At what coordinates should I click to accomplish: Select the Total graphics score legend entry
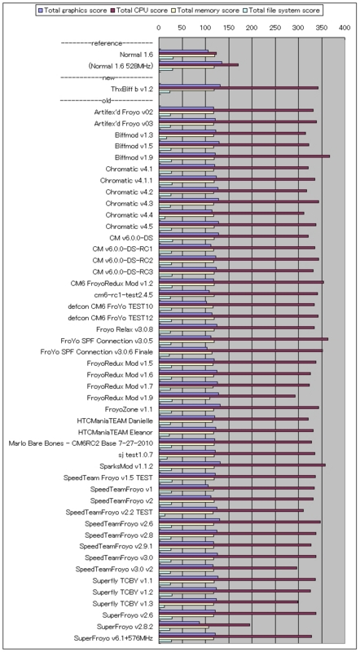tap(72, 10)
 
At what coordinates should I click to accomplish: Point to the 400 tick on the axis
tap(345, 28)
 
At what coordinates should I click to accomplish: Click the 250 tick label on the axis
tap(274, 28)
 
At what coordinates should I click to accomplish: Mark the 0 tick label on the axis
tap(158, 28)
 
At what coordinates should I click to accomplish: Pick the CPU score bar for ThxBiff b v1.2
tap(239, 88)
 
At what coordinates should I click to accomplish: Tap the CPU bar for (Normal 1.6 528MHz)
tap(198, 65)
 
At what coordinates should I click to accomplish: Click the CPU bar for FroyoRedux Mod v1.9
tap(227, 396)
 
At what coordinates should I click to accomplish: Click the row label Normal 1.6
tap(136, 55)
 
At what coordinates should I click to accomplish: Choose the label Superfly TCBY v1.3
tap(123, 603)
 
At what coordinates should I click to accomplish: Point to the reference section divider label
tap(107, 43)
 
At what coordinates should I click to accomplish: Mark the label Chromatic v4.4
tap(130, 214)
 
